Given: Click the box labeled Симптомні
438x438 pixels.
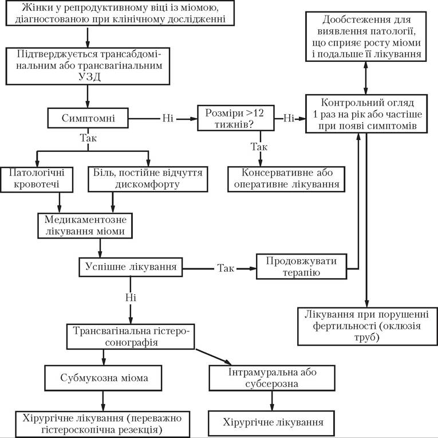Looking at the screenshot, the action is coord(88,118).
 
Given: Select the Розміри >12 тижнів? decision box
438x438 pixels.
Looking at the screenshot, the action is coord(236,118).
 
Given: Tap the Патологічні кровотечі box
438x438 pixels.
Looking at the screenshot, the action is coord(37,179).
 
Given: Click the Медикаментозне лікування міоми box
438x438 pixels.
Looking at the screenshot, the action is coord(85,226).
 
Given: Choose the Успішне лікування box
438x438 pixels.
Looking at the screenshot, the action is coord(131,267).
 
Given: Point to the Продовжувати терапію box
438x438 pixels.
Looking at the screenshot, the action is coord(301,267).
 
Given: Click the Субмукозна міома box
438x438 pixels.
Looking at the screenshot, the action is coord(103,378).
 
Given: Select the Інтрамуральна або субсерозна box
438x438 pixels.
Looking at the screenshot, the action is coord(272,378).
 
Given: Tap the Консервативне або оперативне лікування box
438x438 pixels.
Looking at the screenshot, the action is coord(286,179).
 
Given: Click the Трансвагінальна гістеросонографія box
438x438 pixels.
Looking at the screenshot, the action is coord(131,337).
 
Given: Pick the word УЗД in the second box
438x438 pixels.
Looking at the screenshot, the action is coord(89,77).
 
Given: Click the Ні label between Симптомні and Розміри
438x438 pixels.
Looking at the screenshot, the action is coord(168,118).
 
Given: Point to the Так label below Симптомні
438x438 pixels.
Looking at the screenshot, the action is coord(88,138).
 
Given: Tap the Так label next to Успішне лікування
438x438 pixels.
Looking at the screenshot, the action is coord(226,268).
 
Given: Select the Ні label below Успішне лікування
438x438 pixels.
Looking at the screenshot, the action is coord(131,298).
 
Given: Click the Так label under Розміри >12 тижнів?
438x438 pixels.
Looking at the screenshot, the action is coord(259,147).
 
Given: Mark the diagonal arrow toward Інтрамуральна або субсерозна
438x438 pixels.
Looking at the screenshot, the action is coord(214,357).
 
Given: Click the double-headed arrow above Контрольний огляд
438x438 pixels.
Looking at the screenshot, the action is coord(366,78).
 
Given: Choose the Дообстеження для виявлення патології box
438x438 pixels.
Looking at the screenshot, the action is coord(366,36).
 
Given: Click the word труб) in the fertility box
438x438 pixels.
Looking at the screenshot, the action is coord(367,337).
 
